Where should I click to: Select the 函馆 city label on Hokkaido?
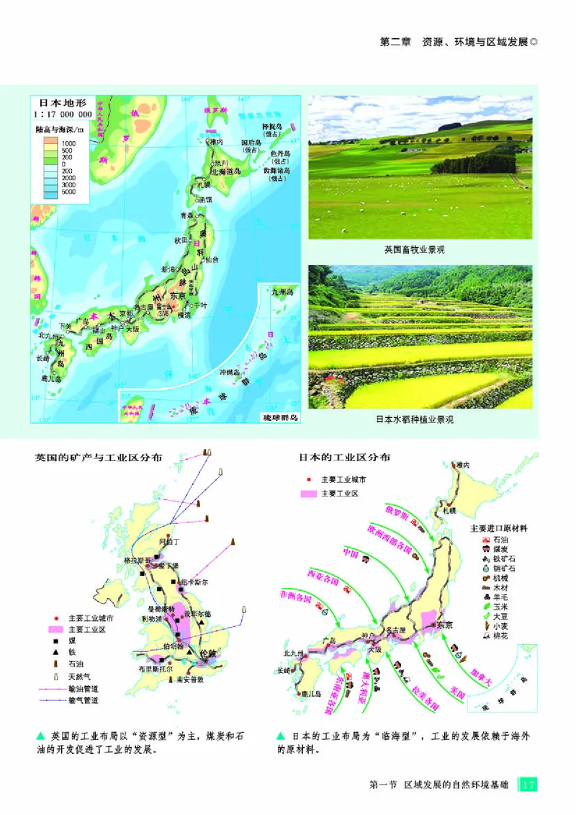(x=206, y=198)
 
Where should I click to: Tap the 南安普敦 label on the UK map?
(x=193, y=679)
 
